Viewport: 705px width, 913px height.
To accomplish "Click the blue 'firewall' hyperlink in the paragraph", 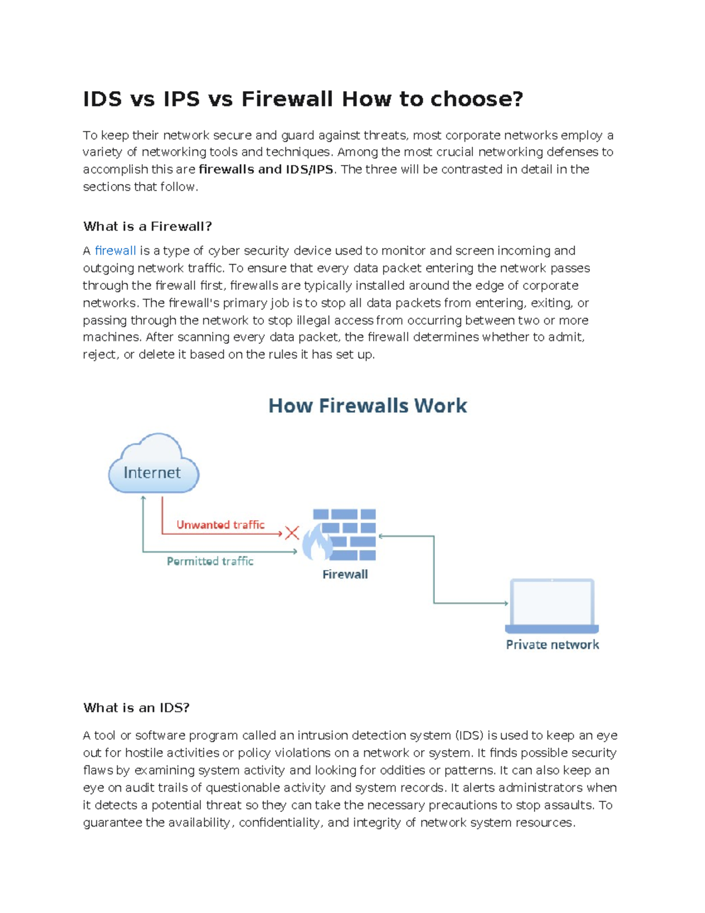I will (x=115, y=251).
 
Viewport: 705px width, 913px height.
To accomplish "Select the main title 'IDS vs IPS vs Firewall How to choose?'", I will (x=303, y=99).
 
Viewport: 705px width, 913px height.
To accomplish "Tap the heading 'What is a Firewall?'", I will (x=147, y=226).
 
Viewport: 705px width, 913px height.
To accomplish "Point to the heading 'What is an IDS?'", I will (x=136, y=708).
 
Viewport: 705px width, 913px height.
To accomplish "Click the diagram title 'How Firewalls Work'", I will (x=367, y=406).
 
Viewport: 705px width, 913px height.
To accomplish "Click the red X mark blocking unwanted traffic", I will (x=292, y=533).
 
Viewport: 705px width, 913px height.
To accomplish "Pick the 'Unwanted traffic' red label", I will (x=220, y=524).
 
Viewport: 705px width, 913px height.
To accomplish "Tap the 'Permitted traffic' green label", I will (x=210, y=561).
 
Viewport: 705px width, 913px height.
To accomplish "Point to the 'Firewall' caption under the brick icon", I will (x=345, y=574).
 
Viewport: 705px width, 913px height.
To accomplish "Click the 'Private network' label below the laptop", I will (x=552, y=645).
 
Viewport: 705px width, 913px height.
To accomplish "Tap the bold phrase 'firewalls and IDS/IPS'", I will (x=266, y=169).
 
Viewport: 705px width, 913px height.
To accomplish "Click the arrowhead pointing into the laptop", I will (x=506, y=603).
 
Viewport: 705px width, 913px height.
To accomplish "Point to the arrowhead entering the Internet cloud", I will (x=143, y=498).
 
